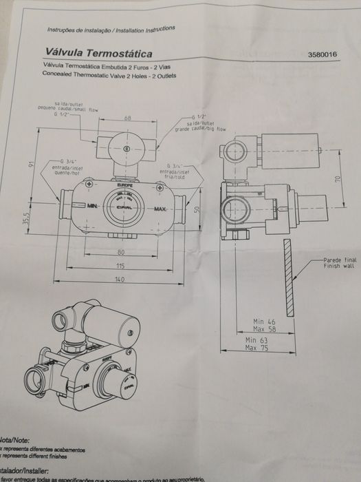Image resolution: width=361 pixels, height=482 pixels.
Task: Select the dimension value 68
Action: [x=127, y=118]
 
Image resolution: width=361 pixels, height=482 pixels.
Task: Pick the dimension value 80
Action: [x=121, y=251]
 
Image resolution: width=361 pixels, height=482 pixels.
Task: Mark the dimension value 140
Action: [x=121, y=279]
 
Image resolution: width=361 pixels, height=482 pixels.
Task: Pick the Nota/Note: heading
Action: [x=15, y=438]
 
